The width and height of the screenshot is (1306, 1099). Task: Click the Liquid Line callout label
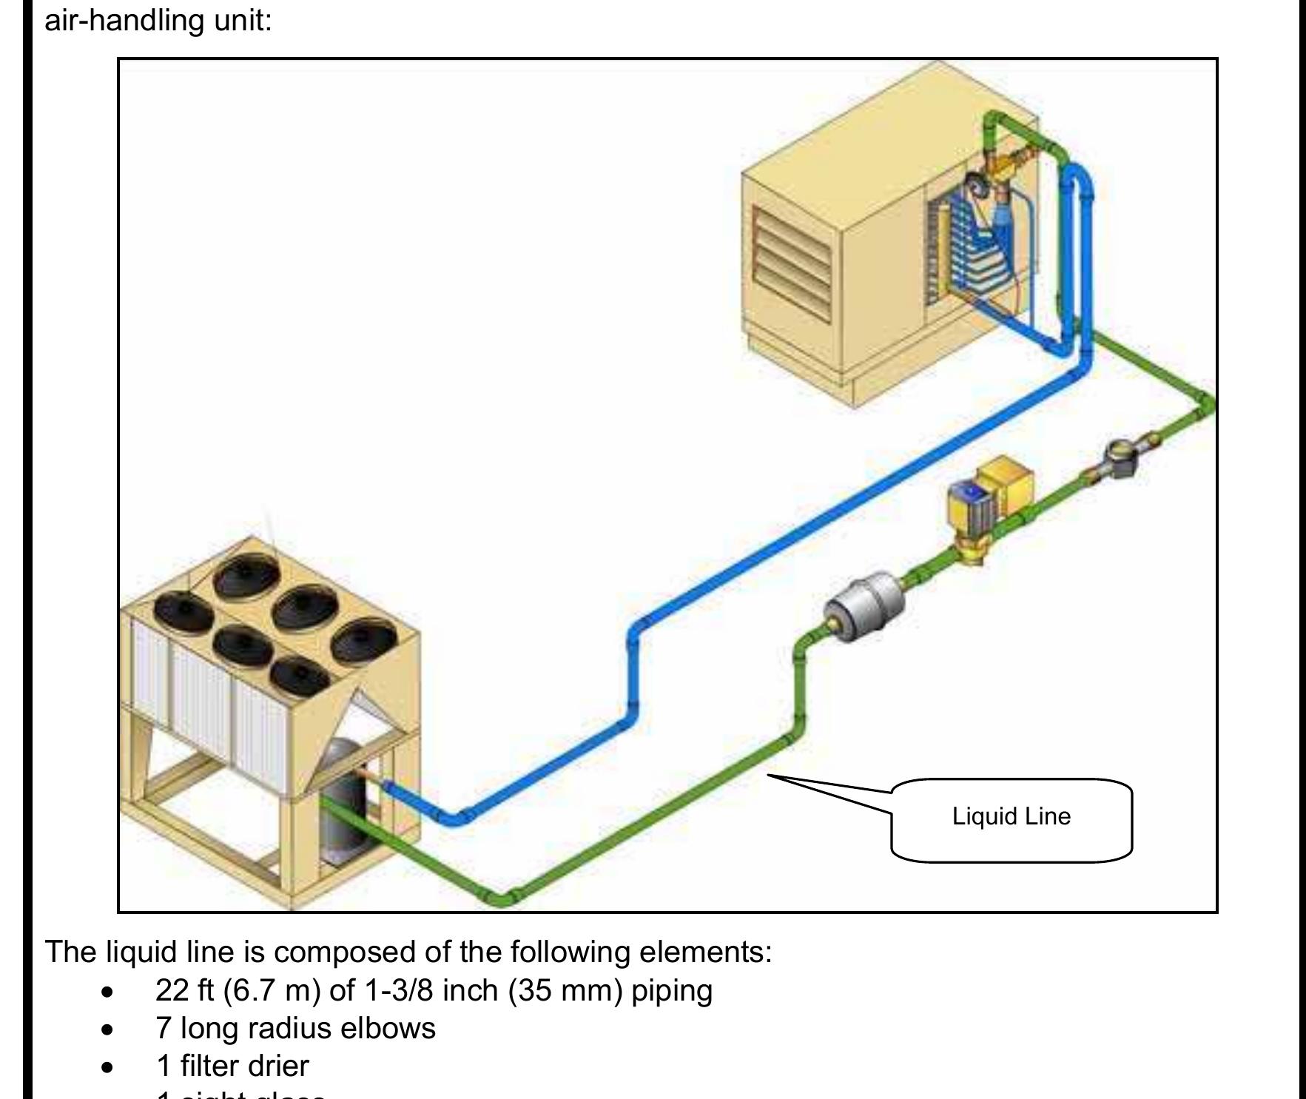1011,817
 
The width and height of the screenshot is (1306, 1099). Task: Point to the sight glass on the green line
1119,457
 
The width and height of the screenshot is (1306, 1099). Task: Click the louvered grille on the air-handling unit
792,263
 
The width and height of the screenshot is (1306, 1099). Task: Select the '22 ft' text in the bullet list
185,990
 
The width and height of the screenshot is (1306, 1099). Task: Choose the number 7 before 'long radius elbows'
164,1028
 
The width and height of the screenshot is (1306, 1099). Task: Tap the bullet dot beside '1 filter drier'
108,1067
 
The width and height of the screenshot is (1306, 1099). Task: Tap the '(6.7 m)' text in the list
272,990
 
